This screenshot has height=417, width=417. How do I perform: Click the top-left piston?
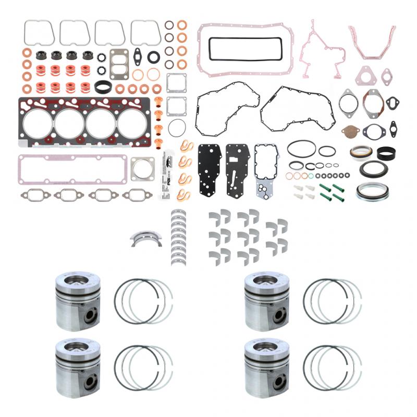tap(78, 301)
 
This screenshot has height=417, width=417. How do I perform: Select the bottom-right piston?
tap(266, 367)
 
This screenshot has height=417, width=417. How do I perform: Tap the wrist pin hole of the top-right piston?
tap(280, 314)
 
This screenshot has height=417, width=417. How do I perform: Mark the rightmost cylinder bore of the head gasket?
tap(132, 124)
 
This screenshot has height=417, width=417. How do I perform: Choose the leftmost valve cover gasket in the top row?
tap(39, 32)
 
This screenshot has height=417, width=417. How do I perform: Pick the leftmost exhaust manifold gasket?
tap(35, 195)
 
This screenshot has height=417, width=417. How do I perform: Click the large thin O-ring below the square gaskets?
tap(177, 128)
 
